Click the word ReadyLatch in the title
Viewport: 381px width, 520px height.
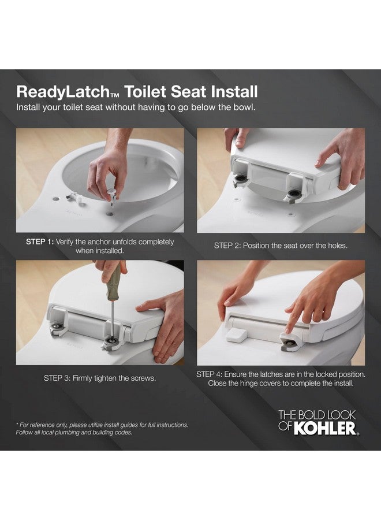click(x=55, y=92)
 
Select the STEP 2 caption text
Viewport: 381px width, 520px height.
click(x=281, y=246)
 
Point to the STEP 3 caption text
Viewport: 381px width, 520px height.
click(x=99, y=378)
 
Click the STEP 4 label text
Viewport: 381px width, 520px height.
click(x=211, y=374)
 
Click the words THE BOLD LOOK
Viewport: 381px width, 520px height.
click(x=316, y=415)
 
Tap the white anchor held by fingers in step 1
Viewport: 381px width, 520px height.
click(x=111, y=192)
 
